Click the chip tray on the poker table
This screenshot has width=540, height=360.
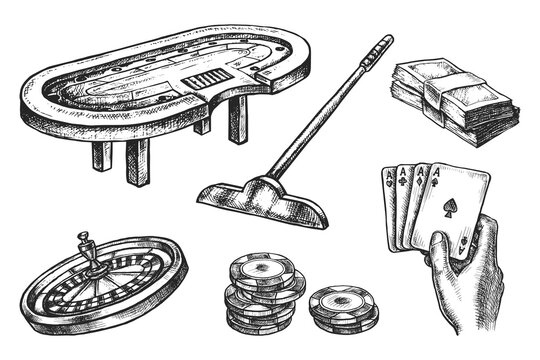click(x=203, y=77)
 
